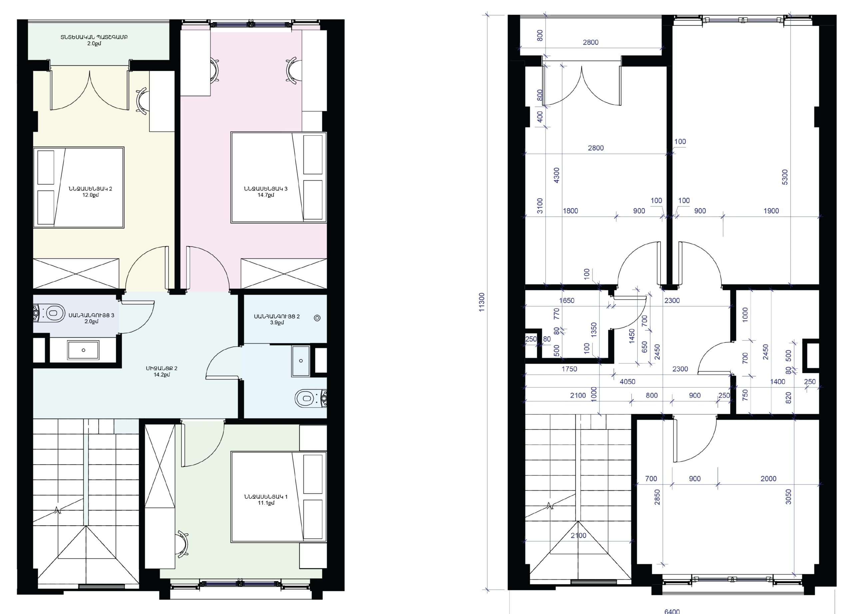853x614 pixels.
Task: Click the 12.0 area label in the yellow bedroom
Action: tap(90, 195)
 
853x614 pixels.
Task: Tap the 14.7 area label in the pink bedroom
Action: tap(266, 195)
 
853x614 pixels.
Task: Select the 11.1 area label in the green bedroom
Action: tap(266, 503)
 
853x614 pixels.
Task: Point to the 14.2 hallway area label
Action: tap(161, 375)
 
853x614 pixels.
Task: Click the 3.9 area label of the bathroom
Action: tap(277, 323)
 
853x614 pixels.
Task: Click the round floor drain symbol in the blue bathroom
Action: tap(317, 318)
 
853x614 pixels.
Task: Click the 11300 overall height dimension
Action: tap(482, 302)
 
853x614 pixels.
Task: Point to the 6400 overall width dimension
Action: tap(672, 611)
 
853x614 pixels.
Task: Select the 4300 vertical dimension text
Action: tap(557, 175)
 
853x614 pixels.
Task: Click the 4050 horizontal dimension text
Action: tap(627, 381)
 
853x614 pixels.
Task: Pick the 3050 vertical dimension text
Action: tap(788, 497)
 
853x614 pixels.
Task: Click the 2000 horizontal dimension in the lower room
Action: tap(768, 479)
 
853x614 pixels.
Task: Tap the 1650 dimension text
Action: tap(567, 301)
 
